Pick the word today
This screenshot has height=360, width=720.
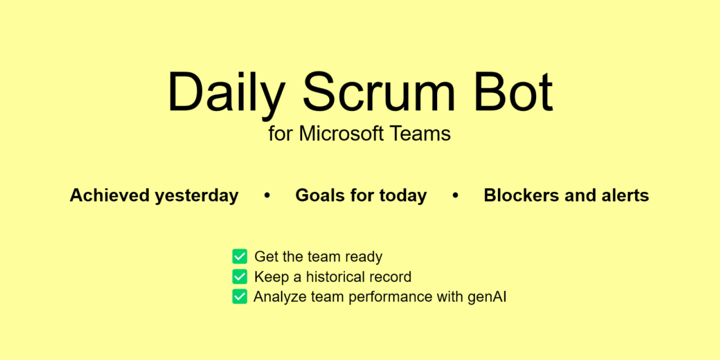403,196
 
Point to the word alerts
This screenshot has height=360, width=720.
624,195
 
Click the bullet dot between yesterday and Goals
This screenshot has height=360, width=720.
267,195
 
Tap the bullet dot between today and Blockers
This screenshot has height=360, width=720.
455,195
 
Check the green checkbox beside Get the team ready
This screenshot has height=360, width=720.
240,256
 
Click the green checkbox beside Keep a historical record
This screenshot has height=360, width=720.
240,277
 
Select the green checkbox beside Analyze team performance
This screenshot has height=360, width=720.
240,296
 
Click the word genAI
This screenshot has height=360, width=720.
487,297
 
